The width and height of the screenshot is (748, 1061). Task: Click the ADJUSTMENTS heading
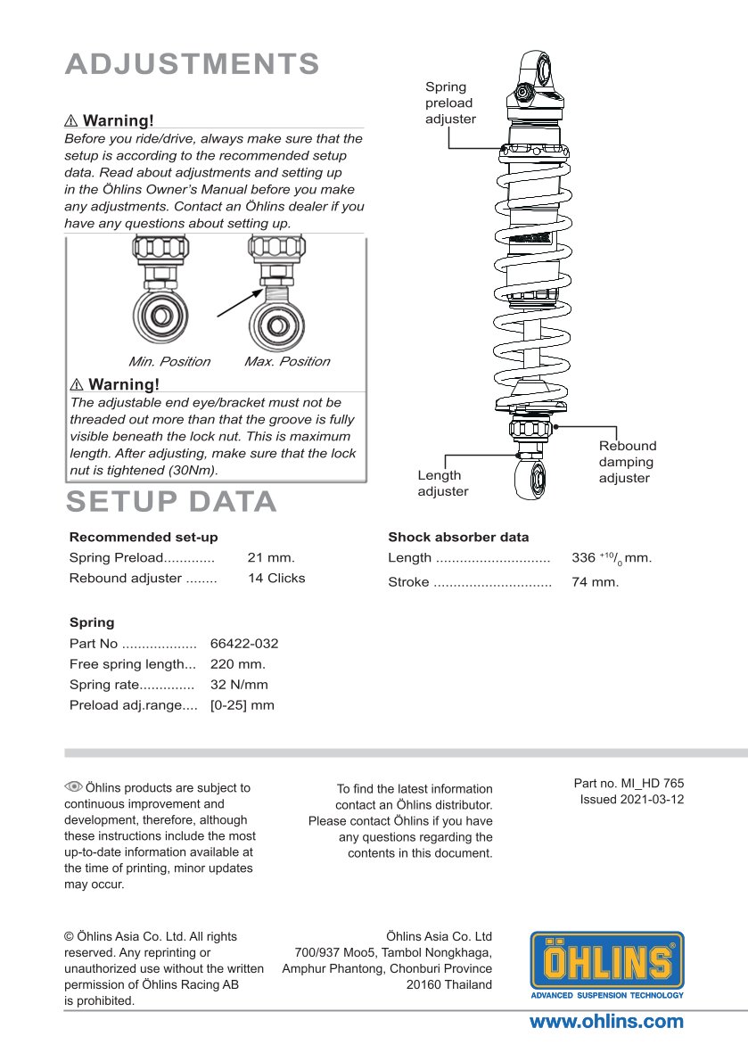coord(192,64)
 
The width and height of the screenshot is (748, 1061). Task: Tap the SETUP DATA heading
coord(171,502)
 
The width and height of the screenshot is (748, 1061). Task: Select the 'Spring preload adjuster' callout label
coord(449,103)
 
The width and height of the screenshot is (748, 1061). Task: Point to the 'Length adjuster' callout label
coord(442,483)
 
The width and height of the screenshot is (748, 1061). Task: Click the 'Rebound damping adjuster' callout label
coord(627,462)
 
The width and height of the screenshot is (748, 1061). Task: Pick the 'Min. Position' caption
coord(169,362)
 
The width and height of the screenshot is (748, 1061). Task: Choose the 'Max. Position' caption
coord(286,362)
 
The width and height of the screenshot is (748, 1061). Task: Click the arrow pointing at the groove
coord(239,300)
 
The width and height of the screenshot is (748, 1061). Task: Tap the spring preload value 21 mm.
coord(271,558)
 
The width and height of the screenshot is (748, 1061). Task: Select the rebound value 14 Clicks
coord(276,578)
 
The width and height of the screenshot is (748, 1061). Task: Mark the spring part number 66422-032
coord(244,644)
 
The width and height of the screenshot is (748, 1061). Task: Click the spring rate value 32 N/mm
coord(239,685)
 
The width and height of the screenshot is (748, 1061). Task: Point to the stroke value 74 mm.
coord(595,582)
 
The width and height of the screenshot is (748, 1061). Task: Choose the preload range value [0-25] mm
coord(242,705)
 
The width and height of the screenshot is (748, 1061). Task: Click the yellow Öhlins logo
coord(607,965)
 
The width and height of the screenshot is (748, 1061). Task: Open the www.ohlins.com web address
coord(606,1022)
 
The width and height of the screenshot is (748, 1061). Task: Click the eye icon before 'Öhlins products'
coord(73,786)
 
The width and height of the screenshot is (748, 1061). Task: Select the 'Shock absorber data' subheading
coord(458,538)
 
